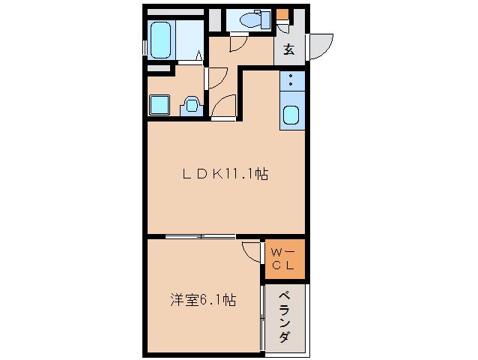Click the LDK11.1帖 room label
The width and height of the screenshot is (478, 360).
click(x=226, y=175)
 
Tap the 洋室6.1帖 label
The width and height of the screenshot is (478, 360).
click(x=202, y=300)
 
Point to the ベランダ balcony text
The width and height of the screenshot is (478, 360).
click(x=284, y=316)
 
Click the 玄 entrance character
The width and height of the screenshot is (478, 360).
click(x=288, y=51)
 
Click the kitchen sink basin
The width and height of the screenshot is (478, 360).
click(x=291, y=116)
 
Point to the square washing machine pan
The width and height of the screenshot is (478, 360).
click(x=160, y=105)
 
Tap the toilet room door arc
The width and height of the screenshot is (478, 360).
click(x=235, y=43)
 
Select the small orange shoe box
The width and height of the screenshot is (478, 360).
click(x=282, y=13)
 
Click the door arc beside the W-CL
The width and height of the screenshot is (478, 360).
click(x=252, y=250)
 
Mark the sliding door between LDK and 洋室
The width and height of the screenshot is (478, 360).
click(x=201, y=237)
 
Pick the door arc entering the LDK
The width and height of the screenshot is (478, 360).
click(x=223, y=109)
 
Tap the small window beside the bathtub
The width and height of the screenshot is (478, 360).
click(x=145, y=41)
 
